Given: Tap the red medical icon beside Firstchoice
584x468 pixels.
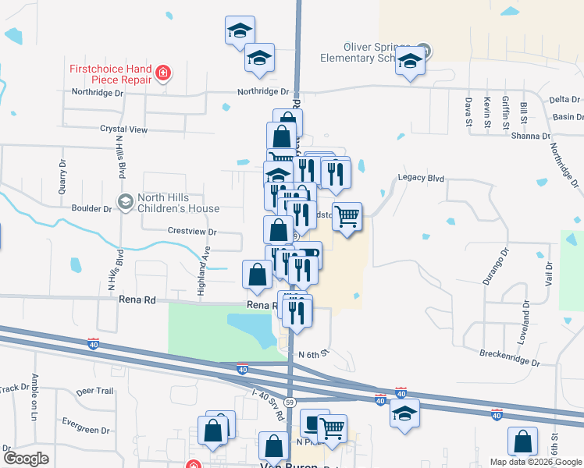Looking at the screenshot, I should tap(164, 74).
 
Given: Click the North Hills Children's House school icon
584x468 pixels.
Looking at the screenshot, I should tap(124, 203).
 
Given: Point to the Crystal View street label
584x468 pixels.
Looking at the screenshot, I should tap(123, 129).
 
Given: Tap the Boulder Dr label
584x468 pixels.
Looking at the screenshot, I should tap(91, 209).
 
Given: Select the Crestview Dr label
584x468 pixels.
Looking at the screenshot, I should tap(192, 232).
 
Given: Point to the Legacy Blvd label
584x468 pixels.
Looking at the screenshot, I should tap(421, 179).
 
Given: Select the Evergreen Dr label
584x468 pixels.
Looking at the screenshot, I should tap(87, 430).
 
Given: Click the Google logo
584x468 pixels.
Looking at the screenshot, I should tap(26, 458).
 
